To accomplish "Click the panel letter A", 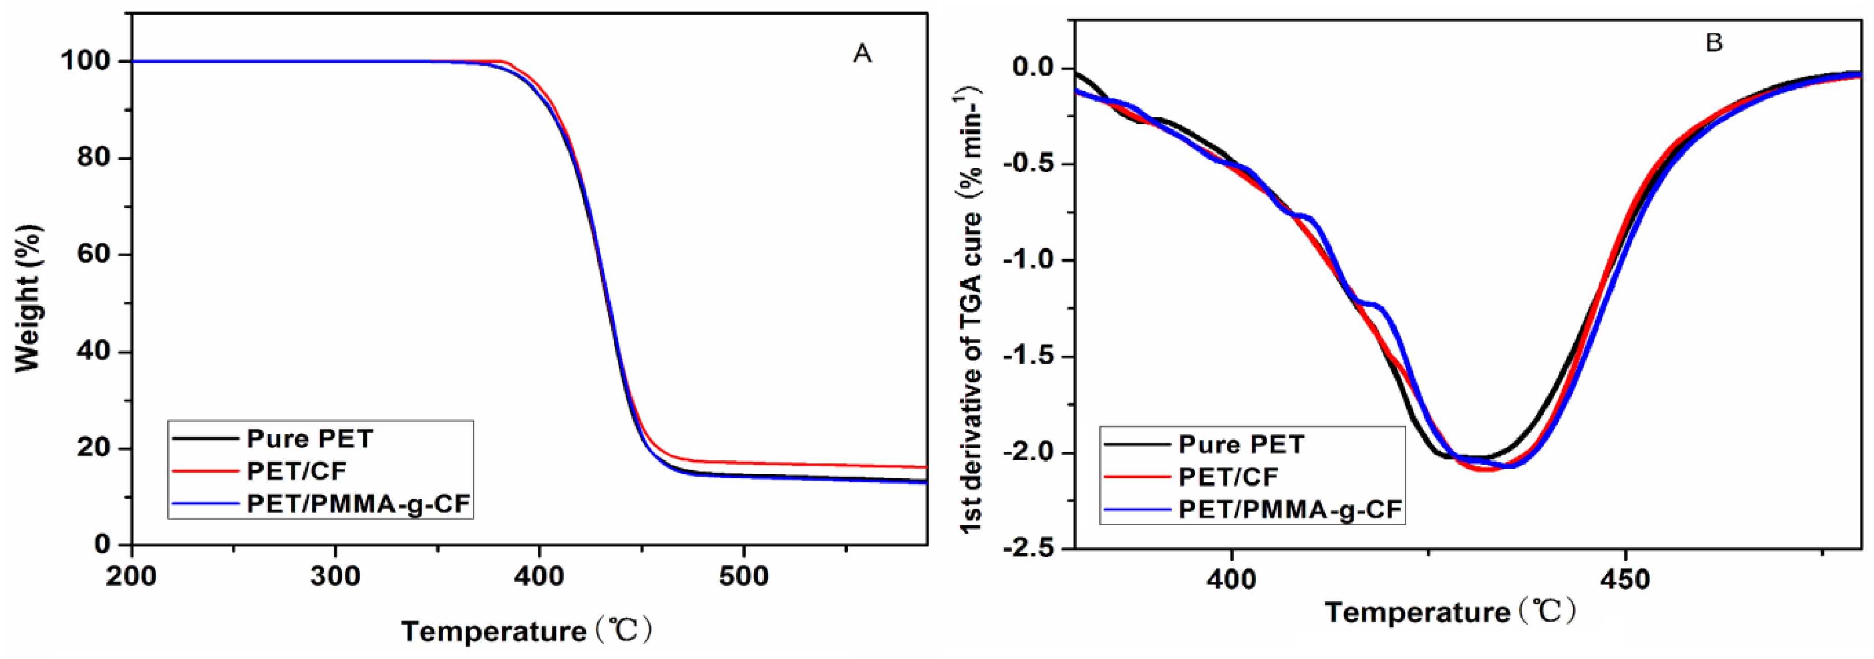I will click(x=862, y=53).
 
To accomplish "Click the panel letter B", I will click(x=1714, y=43).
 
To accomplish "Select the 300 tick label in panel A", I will click(x=335, y=577).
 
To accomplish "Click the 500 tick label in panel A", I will click(x=743, y=577).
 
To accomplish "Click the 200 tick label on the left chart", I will click(x=131, y=577).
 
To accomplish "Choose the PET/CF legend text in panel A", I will click(x=297, y=471).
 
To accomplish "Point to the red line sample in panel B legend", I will click(x=1137, y=477).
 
